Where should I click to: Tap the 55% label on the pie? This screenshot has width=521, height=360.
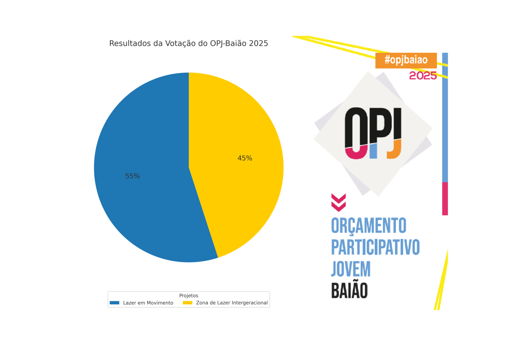coord(133,176)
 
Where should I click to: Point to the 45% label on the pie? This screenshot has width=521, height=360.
coord(245,158)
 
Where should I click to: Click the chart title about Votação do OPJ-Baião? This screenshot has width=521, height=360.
coord(189,43)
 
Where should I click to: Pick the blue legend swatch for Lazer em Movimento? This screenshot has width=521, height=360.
coord(115,303)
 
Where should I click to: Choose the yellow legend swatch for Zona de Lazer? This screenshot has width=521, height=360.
coord(188,303)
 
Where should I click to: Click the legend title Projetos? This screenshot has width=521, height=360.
coord(189,295)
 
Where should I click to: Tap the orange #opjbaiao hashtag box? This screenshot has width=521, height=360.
coord(406,60)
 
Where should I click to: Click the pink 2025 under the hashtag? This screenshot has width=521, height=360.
coord(423,76)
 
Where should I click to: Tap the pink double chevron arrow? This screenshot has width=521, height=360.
coord(338,202)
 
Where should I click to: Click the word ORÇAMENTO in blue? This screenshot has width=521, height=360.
coord(369,225)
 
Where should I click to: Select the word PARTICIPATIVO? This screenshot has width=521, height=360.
coord(375,247)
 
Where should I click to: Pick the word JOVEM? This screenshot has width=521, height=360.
coord(351,269)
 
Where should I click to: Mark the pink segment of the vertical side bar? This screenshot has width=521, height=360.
coord(445,199)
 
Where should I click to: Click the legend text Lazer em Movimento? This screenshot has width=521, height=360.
coord(148,303)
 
